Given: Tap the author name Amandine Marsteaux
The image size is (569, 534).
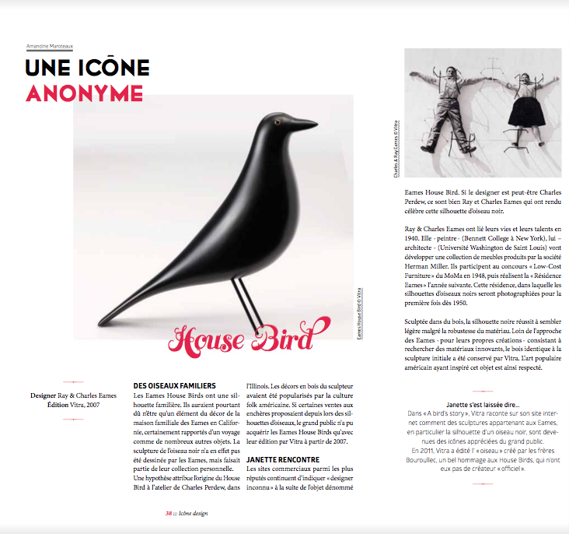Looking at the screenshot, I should (x=50, y=47).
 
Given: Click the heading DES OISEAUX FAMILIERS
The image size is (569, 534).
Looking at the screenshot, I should (x=174, y=385).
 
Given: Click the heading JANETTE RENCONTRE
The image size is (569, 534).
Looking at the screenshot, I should (x=282, y=460).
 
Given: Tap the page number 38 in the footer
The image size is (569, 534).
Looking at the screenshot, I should (x=169, y=514).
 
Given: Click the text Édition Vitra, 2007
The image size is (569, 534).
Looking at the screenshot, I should (x=72, y=405).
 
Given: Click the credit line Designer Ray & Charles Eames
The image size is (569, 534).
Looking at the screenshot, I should (x=72, y=395).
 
